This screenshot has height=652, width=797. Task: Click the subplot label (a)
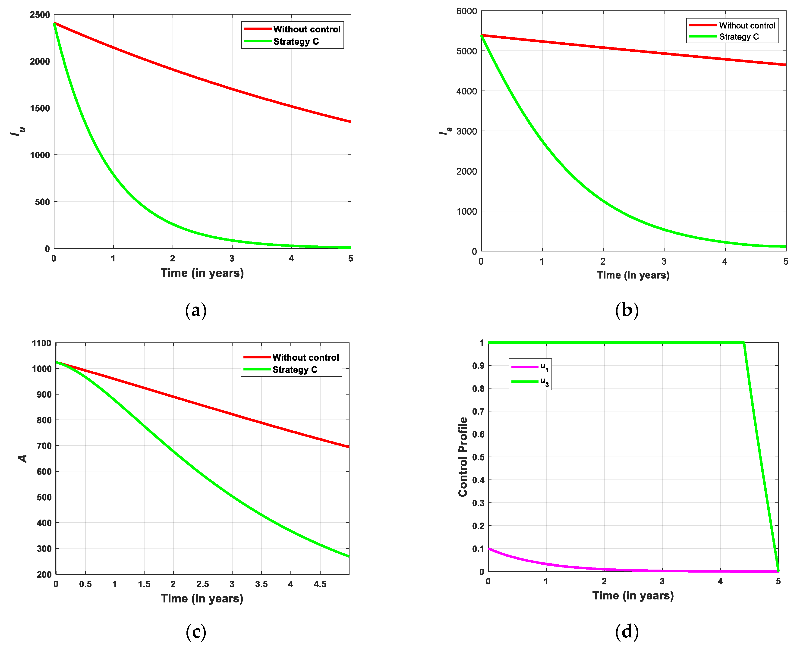[196, 310]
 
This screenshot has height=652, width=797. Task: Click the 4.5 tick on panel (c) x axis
[320, 584]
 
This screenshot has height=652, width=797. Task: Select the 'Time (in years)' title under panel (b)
[633, 275]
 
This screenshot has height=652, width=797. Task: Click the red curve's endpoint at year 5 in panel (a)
[350, 122]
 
